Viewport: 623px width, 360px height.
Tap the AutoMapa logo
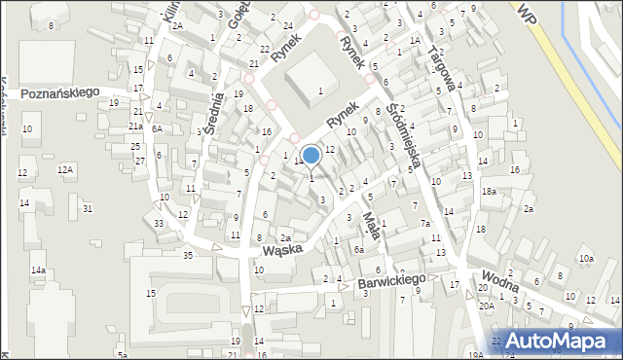pyautogui.click(x=555, y=341)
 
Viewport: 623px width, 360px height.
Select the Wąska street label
pyautogui.click(x=283, y=248)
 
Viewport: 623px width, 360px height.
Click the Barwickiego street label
pyautogui.click(x=392, y=280)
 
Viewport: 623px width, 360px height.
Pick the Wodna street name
pyautogui.click(x=499, y=280)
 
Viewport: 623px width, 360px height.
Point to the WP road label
pyautogui.click(x=528, y=13)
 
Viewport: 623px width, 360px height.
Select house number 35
pyautogui.click(x=188, y=256)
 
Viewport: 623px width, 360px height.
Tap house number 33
pyautogui.click(x=159, y=224)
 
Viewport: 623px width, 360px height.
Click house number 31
pyautogui.click(x=88, y=209)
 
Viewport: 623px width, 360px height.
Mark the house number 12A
pyautogui.click(x=65, y=170)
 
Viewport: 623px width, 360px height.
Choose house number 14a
pyautogui.click(x=38, y=270)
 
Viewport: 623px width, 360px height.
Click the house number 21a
pyautogui.click(x=137, y=126)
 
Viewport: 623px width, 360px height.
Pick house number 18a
pyautogui.click(x=489, y=192)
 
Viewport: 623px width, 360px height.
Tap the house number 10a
pyautogui.click(x=586, y=259)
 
